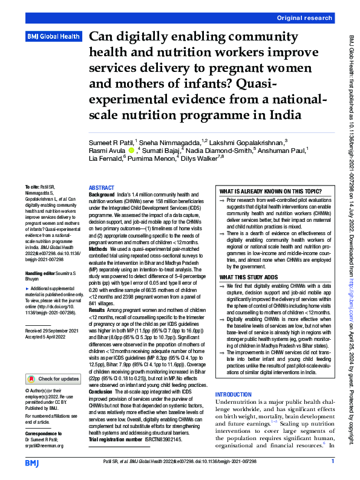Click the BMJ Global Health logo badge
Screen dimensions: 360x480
pyautogui.click(x=53, y=37)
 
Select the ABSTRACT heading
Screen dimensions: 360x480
pyautogui.click(x=101, y=188)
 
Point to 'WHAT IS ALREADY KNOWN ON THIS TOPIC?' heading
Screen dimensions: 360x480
pyautogui.click(x=270, y=190)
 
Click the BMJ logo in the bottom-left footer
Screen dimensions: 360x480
pyautogui.click(x=31, y=463)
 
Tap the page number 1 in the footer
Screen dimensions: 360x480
pyautogui.click(x=333, y=462)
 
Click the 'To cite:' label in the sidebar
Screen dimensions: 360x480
pyautogui.click(x=30, y=188)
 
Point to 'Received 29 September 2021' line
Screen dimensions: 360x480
pyautogui.click(x=51, y=331)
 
